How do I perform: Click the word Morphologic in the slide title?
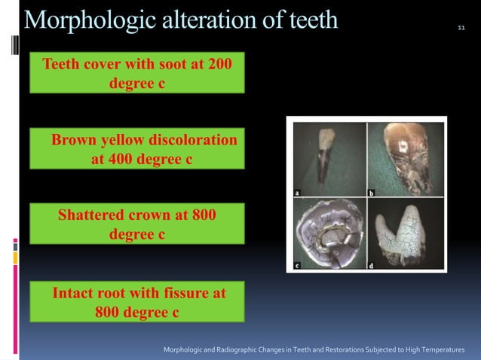pyautogui.click(x=84, y=20)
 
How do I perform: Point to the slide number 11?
pyautogui.click(x=461, y=29)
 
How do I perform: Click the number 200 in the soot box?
pyautogui.click(x=219, y=64)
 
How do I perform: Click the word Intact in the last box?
pyautogui.click(x=76, y=292)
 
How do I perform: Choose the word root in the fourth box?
pyautogui.click(x=117, y=292)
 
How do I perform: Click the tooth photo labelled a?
pyautogui.click(x=327, y=157)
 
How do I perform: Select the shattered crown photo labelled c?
pyautogui.click(x=327, y=230)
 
